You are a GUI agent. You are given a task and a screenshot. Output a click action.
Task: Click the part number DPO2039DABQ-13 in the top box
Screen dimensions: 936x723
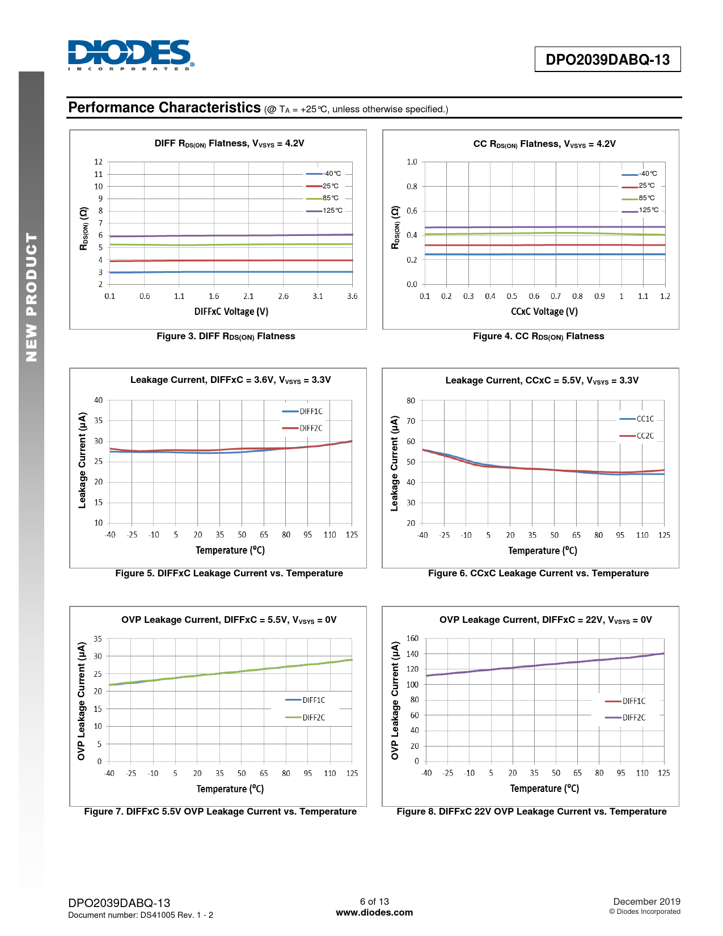tap(607, 60)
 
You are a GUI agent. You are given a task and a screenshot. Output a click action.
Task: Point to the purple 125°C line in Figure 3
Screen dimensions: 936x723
tap(227, 235)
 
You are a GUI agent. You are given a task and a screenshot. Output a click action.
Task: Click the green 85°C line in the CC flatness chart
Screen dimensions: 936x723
tap(544, 233)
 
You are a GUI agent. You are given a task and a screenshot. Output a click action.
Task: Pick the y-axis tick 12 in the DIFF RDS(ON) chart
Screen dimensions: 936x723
tap(99, 162)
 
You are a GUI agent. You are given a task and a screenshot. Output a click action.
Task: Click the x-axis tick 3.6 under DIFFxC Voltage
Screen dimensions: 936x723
tap(352, 296)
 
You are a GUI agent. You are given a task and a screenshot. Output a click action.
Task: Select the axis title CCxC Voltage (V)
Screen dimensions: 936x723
tap(544, 311)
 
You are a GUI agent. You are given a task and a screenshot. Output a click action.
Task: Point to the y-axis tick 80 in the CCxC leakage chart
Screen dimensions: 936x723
tap(411, 400)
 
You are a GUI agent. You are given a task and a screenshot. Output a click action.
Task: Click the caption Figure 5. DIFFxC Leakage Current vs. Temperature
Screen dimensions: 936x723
tap(229, 574)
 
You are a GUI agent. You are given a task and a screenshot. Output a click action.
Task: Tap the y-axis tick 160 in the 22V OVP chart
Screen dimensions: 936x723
tap(412, 639)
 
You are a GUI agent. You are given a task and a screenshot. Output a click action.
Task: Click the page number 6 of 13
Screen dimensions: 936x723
tap(374, 901)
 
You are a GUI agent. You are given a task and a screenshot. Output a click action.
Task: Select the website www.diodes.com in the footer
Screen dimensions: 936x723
tap(374, 913)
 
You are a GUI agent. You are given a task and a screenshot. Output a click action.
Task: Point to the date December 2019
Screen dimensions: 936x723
tap(646, 901)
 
